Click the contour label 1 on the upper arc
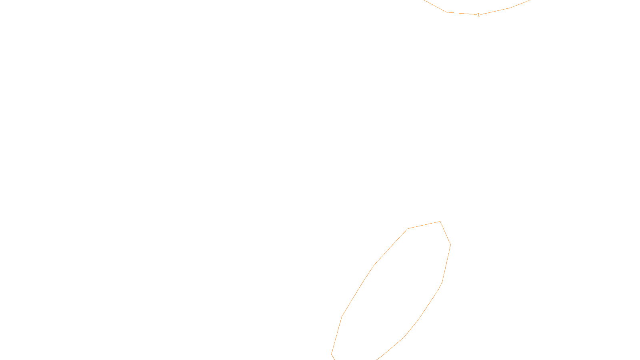click(478, 15)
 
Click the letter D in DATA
click(334, 354)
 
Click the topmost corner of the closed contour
click(440, 221)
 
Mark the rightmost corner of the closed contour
click(451, 244)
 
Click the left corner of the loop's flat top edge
click(408, 229)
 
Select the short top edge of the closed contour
click(424, 225)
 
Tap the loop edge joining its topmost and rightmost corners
click(446, 233)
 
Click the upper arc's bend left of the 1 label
click(447, 12)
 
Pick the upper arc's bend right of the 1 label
click(510, 8)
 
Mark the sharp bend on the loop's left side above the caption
click(342, 317)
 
